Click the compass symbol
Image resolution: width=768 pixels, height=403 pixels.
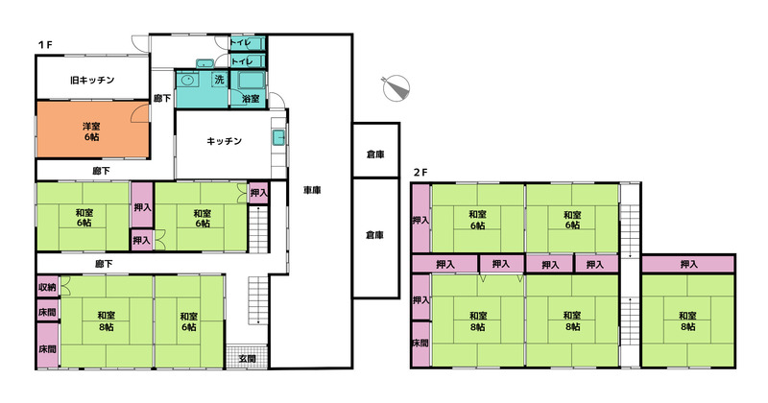(396, 88)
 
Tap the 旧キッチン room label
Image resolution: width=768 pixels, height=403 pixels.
(92, 80)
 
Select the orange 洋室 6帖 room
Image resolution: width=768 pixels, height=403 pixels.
(92, 130)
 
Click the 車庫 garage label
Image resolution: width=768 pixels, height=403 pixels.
(312, 190)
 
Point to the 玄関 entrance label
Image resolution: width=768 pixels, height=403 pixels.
(248, 359)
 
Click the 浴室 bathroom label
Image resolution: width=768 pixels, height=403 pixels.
(251, 99)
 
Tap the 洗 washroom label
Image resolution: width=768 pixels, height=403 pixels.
(219, 79)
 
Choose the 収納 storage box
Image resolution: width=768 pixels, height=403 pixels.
(47, 287)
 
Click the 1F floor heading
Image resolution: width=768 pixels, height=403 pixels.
(45, 45)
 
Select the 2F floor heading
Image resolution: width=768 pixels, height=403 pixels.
(420, 173)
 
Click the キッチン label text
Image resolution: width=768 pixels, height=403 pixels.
(225, 141)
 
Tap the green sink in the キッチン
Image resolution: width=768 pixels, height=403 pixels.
(279, 137)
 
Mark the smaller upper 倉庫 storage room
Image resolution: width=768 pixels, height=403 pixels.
(375, 150)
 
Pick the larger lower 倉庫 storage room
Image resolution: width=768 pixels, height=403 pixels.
(375, 238)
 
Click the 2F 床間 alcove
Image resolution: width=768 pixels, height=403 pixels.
(420, 344)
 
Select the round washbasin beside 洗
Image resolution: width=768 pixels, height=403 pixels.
(186, 80)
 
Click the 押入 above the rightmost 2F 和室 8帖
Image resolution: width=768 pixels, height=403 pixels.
(688, 265)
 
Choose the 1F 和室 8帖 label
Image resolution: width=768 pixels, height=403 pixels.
(107, 321)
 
